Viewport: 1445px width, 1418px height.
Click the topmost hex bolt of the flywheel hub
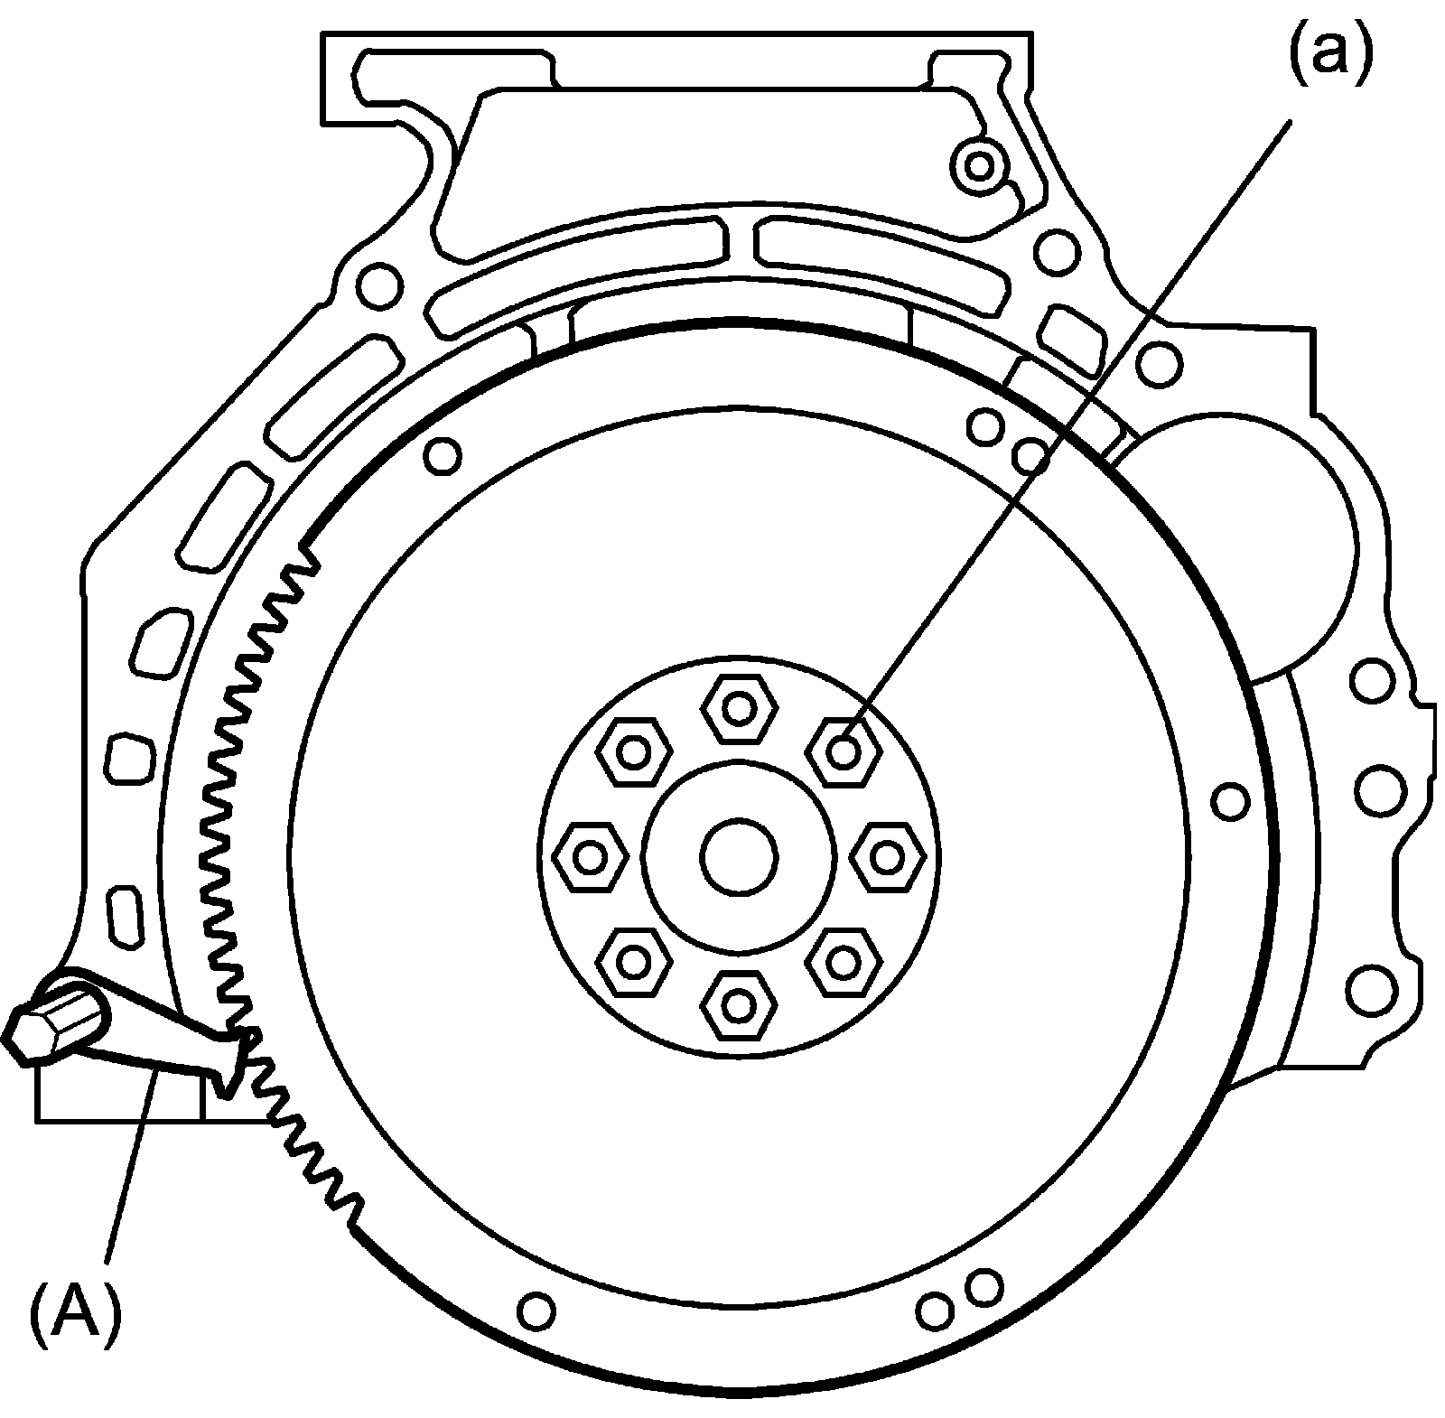[739, 709]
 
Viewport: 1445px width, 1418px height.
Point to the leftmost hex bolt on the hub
[590, 856]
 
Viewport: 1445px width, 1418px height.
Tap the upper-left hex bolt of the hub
[633, 751]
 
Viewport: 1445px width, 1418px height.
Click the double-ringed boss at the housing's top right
[979, 165]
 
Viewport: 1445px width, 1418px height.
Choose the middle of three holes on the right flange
[1381, 788]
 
